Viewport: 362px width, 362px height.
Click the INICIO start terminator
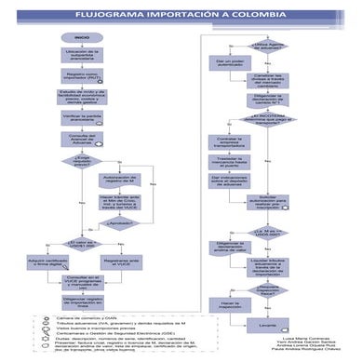click(82, 37)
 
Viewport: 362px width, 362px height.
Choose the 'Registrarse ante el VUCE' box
click(121, 263)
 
